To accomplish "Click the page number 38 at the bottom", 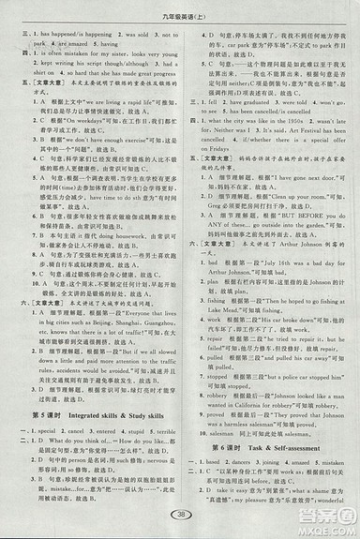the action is coord(179,514).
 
